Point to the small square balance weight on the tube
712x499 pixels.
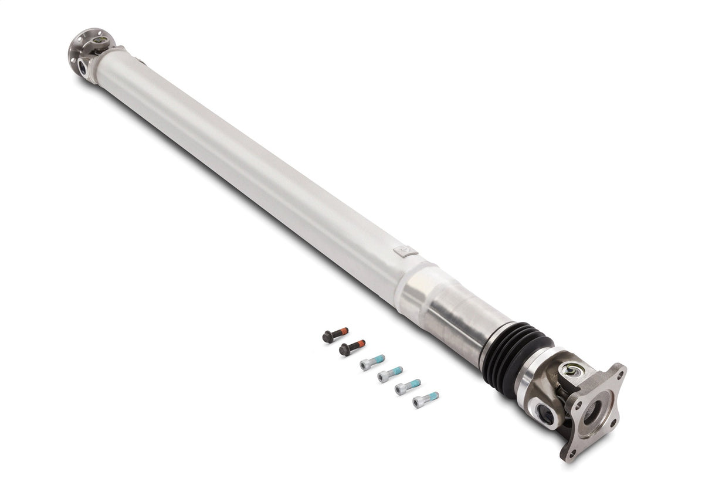coord(405,252)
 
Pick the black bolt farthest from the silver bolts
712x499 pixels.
coord(335,335)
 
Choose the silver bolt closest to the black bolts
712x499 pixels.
coord(372,362)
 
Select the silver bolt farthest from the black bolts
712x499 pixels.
coord(425,400)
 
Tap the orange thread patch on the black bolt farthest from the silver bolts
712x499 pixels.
coord(341,332)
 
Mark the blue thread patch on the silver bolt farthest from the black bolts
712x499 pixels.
coord(432,397)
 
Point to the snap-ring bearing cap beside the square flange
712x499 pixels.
coord(572,370)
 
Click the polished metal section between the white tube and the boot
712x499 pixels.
coord(452,311)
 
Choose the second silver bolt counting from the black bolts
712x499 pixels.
coord(390,374)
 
